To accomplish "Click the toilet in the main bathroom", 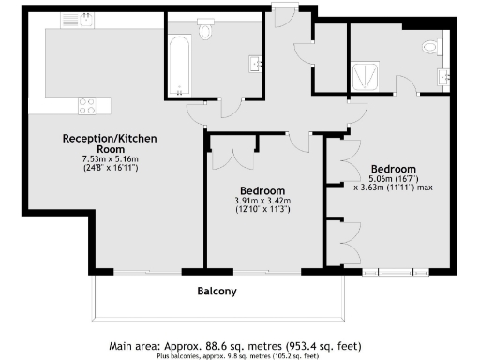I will pos(206,31).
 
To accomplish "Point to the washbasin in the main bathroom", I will pos(256,64).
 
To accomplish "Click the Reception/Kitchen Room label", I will pos(109,143).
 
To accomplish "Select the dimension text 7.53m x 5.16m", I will pos(109,159).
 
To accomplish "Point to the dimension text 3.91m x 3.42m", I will pos(262,201).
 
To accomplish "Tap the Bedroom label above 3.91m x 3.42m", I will pos(262,187).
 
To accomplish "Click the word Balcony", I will pos(216,292).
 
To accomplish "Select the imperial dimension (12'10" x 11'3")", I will pos(262,210).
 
